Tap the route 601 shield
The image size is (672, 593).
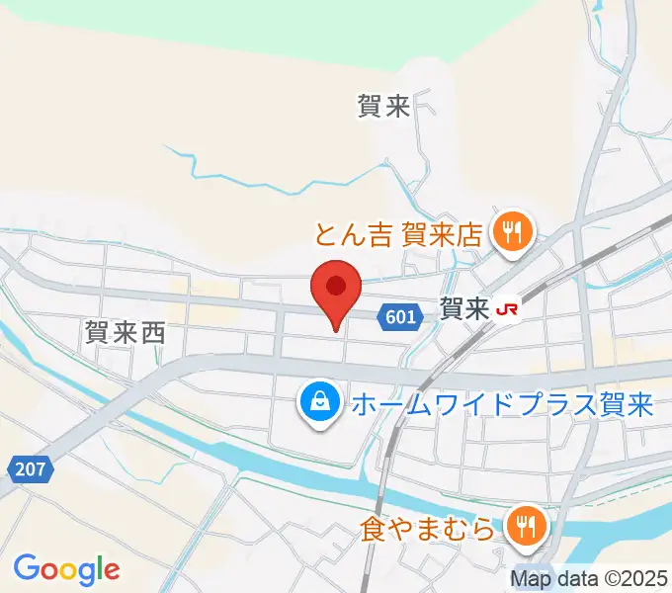[x=401, y=316]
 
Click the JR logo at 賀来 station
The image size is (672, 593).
[x=508, y=310]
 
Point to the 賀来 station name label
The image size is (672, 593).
[x=463, y=310]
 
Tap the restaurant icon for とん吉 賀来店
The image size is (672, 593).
[x=513, y=234]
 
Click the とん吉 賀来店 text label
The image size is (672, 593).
[x=398, y=235]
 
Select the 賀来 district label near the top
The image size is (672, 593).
[x=383, y=107]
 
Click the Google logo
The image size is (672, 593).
[x=66, y=569]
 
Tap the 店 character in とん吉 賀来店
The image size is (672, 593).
[x=469, y=235]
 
